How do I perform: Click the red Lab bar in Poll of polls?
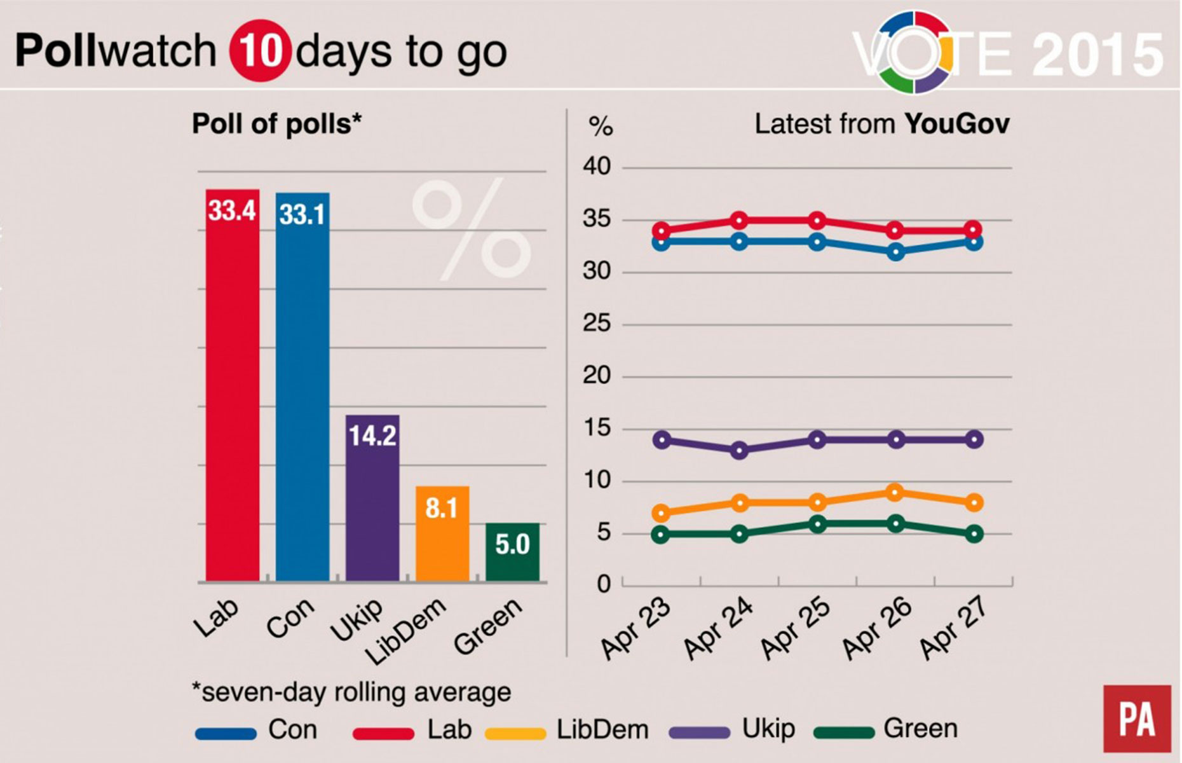tap(232, 385)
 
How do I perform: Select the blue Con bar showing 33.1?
tap(302, 387)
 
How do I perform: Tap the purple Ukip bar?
tap(372, 497)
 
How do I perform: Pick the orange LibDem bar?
tap(442, 533)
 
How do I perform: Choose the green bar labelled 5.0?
tap(512, 552)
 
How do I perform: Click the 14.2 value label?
tap(372, 436)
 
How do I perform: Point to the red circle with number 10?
tap(261, 51)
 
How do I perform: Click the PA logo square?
tap(1137, 718)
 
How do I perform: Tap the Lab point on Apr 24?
tap(739, 221)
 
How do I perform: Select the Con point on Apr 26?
tap(895, 252)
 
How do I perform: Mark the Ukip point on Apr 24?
tap(739, 450)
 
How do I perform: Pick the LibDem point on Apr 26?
tap(895, 492)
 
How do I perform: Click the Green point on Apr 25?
tap(817, 523)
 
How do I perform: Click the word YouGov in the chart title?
tap(956, 124)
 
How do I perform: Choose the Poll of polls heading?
tap(276, 124)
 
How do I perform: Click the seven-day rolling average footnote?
tap(351, 692)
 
